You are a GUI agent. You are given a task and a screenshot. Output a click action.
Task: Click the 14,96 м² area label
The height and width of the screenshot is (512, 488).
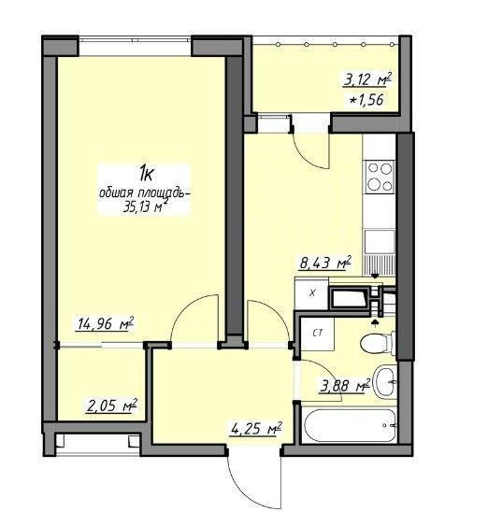click(105, 323)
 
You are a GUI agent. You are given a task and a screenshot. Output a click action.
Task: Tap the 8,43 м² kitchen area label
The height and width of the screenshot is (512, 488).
click(325, 263)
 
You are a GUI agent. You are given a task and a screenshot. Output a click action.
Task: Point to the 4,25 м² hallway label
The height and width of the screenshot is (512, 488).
click(256, 429)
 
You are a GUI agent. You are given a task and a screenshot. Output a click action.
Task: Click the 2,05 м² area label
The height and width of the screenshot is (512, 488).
click(111, 405)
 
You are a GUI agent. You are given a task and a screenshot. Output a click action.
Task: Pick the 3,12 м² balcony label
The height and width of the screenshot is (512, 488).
click(367, 79)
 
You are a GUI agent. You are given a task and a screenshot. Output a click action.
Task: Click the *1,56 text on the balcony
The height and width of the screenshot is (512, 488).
click(366, 100)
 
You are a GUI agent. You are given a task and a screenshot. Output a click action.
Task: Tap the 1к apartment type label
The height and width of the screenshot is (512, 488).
click(146, 174)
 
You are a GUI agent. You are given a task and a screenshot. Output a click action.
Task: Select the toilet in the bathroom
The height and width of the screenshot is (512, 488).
click(378, 343)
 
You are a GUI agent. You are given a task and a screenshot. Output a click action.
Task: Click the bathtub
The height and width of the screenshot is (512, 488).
click(350, 425)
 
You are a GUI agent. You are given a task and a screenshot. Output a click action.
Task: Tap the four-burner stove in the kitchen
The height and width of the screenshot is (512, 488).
click(380, 177)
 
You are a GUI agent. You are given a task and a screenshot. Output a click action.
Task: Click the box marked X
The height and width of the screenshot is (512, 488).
click(311, 292)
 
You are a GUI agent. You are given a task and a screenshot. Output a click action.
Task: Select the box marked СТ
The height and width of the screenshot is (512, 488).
click(318, 334)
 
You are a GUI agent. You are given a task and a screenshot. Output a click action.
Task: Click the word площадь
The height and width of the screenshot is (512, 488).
click(165, 193)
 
